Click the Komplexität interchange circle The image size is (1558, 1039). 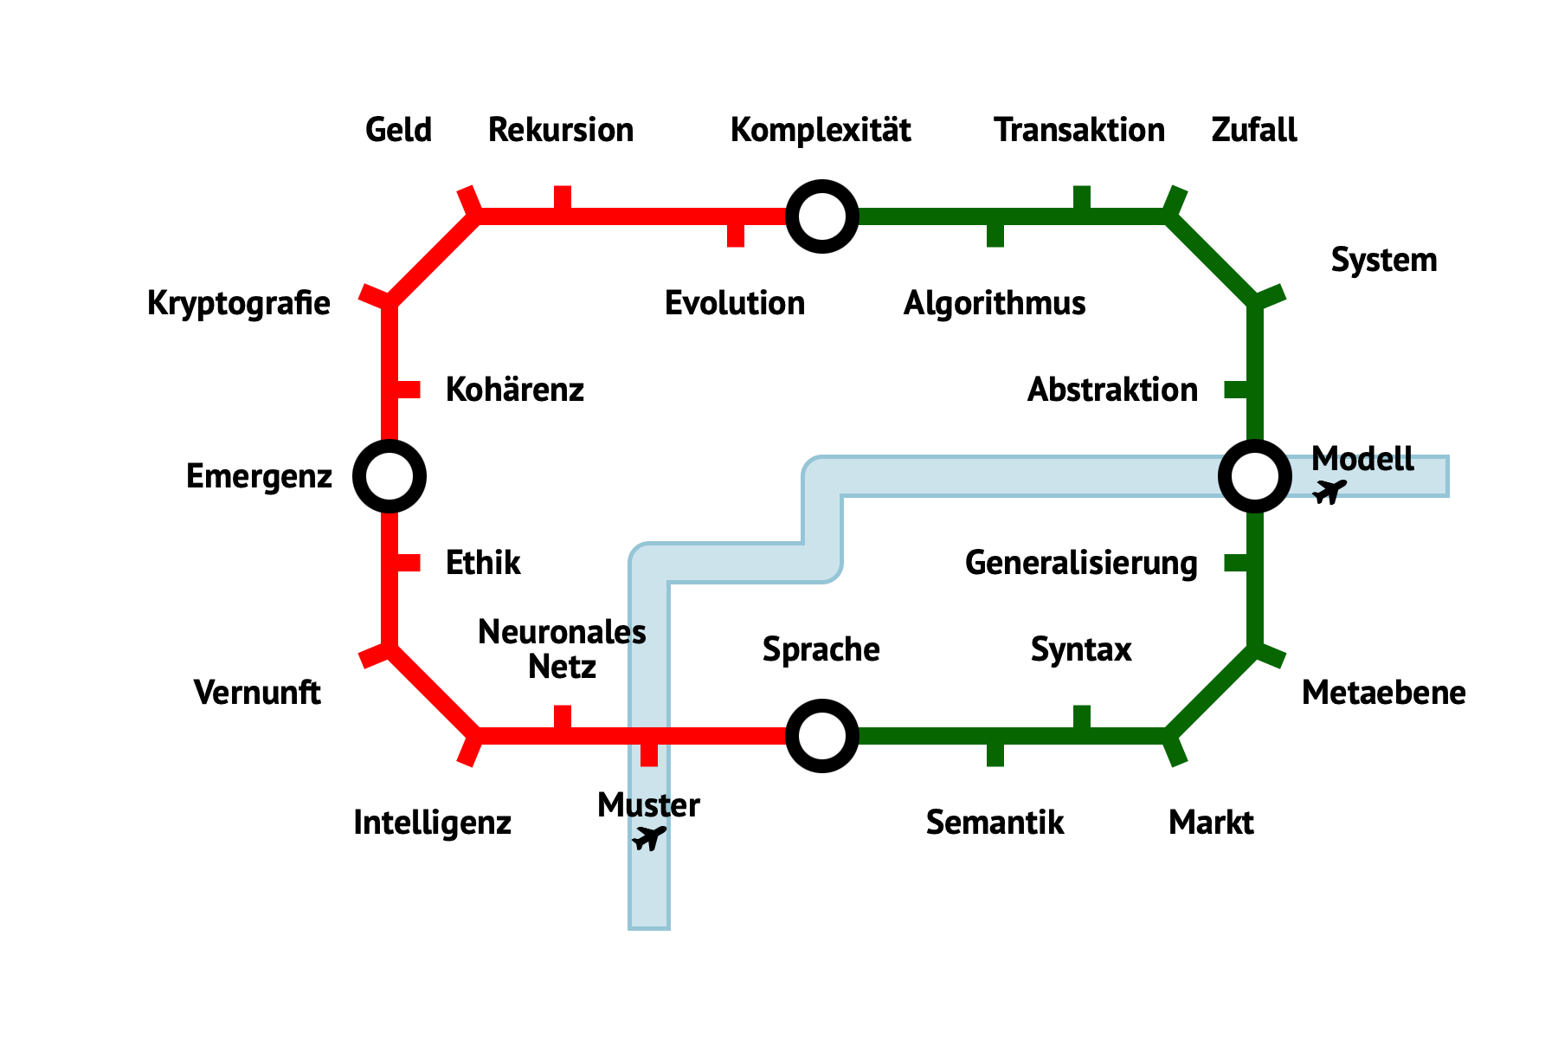click(822, 216)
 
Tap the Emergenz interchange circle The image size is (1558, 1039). click(389, 476)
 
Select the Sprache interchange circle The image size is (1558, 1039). click(822, 736)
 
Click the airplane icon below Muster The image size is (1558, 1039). click(648, 838)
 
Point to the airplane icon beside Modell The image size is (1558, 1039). click(1329, 491)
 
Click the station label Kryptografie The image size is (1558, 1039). click(239, 303)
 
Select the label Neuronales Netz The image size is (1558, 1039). click(562, 649)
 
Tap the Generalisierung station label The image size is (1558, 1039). click(1081, 563)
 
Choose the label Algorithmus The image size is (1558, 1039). click(995, 303)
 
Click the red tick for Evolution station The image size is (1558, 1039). click(736, 234)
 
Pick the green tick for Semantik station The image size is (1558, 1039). click(995, 753)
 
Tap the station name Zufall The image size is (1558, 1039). click(1254, 130)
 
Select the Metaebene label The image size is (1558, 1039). click(1383, 693)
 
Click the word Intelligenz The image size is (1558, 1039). click(432, 823)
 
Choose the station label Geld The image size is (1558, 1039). click(398, 130)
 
